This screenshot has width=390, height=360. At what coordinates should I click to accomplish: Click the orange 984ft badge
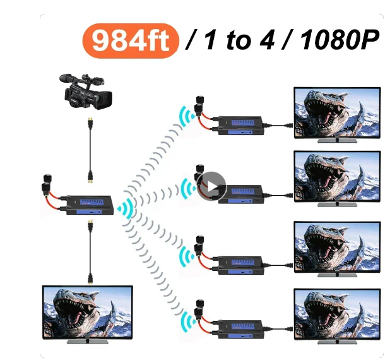pos(131,40)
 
